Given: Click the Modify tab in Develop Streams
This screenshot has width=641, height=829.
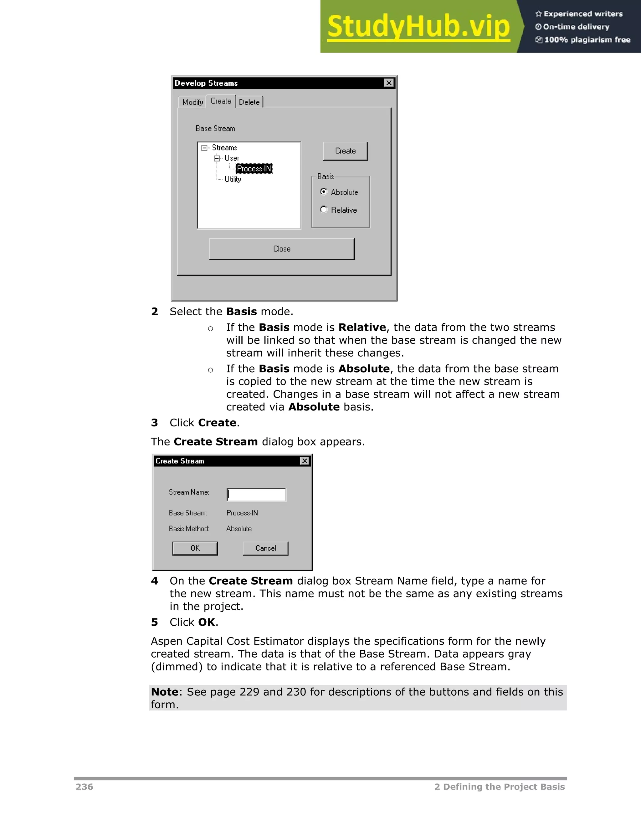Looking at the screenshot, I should click(192, 102).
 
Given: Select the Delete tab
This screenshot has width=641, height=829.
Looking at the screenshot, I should click(249, 102).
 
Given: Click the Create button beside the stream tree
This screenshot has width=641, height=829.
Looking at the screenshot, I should click(345, 151).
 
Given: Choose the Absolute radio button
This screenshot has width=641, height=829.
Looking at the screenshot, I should click(324, 192).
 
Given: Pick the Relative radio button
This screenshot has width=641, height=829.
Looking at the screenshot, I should click(324, 210).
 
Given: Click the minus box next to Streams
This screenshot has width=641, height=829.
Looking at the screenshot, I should click(204, 148).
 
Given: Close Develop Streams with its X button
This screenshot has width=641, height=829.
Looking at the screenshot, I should click(389, 83).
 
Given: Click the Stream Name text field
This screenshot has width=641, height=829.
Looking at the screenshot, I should click(256, 495).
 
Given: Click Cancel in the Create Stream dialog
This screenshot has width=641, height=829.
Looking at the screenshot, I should click(265, 548).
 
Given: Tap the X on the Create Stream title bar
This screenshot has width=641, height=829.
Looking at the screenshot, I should click(305, 461).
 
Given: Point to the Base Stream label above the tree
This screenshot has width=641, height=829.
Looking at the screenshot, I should click(215, 129).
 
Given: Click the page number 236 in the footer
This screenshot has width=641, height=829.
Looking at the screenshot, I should click(84, 787).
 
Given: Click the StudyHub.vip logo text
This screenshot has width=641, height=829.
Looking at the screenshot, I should click(418, 27).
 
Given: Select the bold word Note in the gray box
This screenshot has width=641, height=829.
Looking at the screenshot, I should click(164, 692).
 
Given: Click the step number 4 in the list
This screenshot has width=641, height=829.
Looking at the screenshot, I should click(154, 581).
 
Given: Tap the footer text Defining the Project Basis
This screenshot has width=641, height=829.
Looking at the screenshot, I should click(504, 787).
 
